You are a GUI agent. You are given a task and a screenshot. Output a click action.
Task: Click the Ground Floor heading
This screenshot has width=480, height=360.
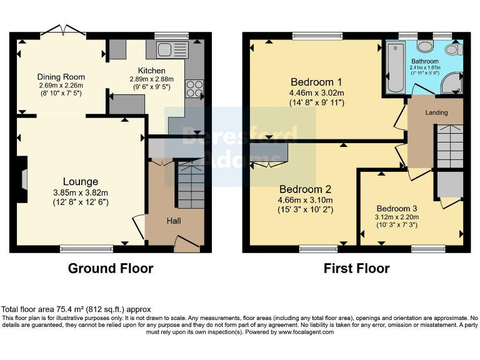pyautogui.click(x=110, y=269)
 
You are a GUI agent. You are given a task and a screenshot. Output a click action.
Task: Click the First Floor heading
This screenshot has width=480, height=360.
pyautogui.click(x=356, y=269)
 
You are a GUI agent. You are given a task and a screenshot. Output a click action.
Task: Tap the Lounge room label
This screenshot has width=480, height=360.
pyautogui.click(x=80, y=182)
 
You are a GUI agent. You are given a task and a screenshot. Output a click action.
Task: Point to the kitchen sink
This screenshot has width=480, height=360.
pyautogui.click(x=167, y=49)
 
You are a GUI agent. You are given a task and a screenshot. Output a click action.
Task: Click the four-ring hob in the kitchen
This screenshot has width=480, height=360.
pyautogui.click(x=194, y=89)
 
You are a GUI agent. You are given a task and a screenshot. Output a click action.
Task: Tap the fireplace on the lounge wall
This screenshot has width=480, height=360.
pyautogui.click(x=22, y=180)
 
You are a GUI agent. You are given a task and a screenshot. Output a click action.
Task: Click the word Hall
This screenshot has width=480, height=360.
pyautogui.click(x=174, y=221)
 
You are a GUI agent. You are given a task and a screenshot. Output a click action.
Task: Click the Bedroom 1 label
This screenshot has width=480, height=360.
pyautogui.click(x=316, y=82)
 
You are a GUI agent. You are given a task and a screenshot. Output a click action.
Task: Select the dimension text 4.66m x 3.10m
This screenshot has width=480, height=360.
pyautogui.click(x=306, y=200)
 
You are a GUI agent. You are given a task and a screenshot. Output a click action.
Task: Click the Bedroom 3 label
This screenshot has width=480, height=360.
pyautogui.click(x=397, y=209)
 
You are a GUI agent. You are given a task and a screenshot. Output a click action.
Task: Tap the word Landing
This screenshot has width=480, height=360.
pyautogui.click(x=436, y=113)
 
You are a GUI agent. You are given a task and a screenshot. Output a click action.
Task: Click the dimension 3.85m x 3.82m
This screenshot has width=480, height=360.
pyautogui.click(x=80, y=192)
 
